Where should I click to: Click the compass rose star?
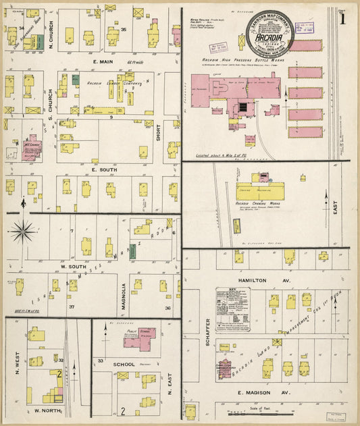coord(24,231)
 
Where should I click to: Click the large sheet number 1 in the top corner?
coord(343,19)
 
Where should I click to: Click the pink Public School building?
coord(140,338)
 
